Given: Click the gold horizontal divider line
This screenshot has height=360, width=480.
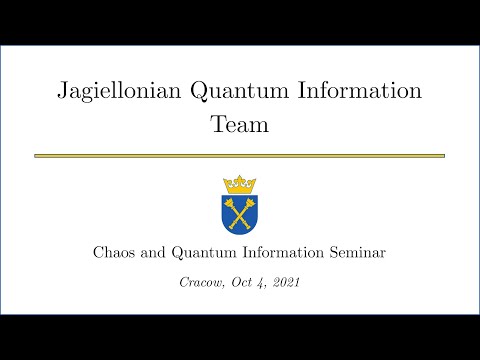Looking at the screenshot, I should coord(240,156).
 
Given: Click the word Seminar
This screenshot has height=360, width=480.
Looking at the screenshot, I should coord(357,252).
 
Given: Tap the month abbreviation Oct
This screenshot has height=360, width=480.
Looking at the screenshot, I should coord(245,283).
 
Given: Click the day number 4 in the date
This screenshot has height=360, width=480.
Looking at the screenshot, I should coord(264,283).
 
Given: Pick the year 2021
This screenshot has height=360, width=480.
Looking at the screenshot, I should coord(287,283).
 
